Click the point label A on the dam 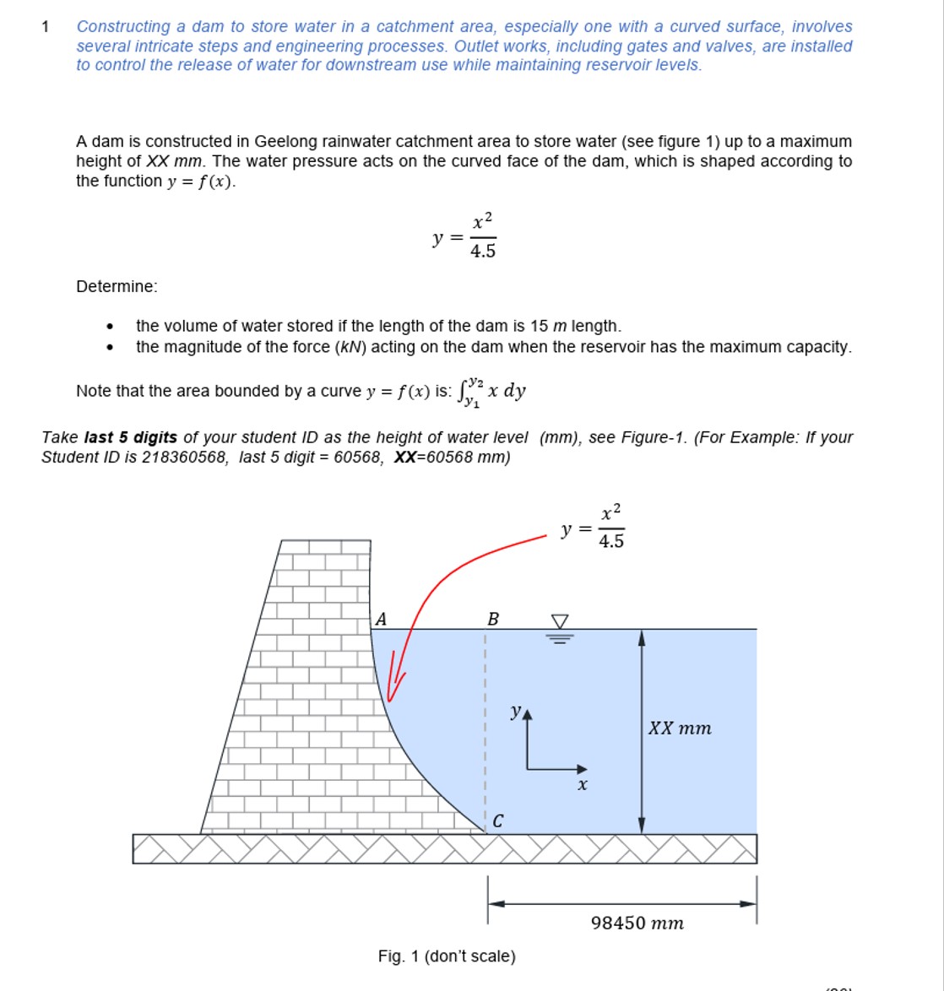(x=381, y=620)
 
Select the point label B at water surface (x=493, y=620)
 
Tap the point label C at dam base (x=498, y=820)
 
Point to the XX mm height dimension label (x=680, y=728)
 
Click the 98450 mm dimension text (x=637, y=923)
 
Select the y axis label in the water (x=515, y=712)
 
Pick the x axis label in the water (x=582, y=785)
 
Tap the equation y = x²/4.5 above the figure (x=594, y=528)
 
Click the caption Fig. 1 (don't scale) (x=447, y=956)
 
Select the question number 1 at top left (x=46, y=27)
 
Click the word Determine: (x=117, y=287)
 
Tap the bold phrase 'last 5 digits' (x=131, y=437)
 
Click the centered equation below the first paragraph (x=464, y=237)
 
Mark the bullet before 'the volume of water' (x=109, y=327)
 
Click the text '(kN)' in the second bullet (x=350, y=347)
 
